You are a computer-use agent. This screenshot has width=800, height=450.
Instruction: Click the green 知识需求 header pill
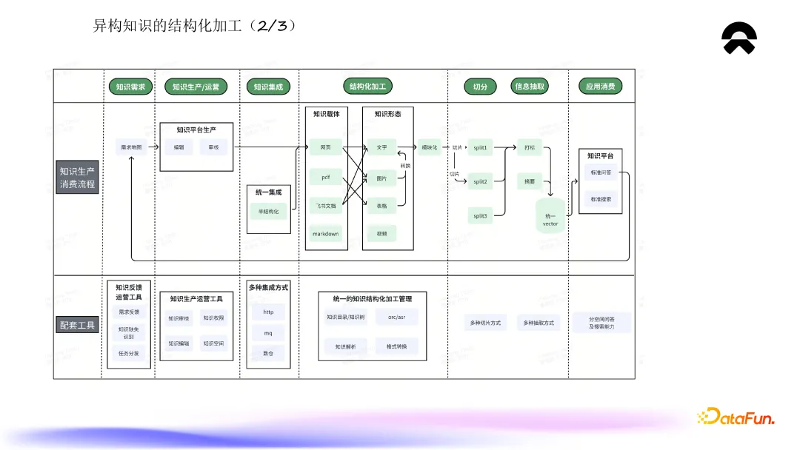point(131,87)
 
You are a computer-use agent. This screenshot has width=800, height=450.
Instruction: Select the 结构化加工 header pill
point(368,87)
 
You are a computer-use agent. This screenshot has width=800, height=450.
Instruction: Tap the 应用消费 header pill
point(600,87)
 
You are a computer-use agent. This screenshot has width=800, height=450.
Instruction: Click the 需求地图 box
point(131,147)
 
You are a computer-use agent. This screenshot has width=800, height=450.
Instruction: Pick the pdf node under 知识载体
point(325,178)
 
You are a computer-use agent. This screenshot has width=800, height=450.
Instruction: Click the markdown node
point(325,233)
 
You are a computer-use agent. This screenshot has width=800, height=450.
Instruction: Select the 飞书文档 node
point(325,205)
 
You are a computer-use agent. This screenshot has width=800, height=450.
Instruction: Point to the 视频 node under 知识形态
point(381,233)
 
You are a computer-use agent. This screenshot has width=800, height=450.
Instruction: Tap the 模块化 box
point(430,147)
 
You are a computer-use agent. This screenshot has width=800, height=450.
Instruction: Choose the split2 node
point(481,181)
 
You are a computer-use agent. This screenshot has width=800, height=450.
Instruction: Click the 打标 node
point(530,147)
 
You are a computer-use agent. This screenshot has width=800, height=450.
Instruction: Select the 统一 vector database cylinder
point(550,216)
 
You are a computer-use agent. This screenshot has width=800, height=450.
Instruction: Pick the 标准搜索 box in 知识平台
point(601,200)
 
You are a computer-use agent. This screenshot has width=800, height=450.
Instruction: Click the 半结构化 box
point(268,211)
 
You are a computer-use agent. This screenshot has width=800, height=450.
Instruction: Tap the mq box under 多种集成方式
point(268,333)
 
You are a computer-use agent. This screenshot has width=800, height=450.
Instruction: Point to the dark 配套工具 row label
point(77,324)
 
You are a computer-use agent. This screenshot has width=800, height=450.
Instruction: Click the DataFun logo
point(736,417)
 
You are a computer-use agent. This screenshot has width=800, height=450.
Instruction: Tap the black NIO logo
point(739,38)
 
